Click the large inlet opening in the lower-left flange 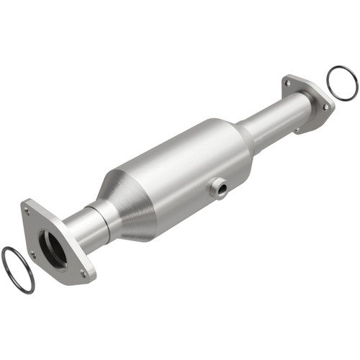point(53,248)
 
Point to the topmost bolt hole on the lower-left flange point(27,211)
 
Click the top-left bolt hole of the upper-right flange point(288,84)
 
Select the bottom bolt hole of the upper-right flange point(296,130)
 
